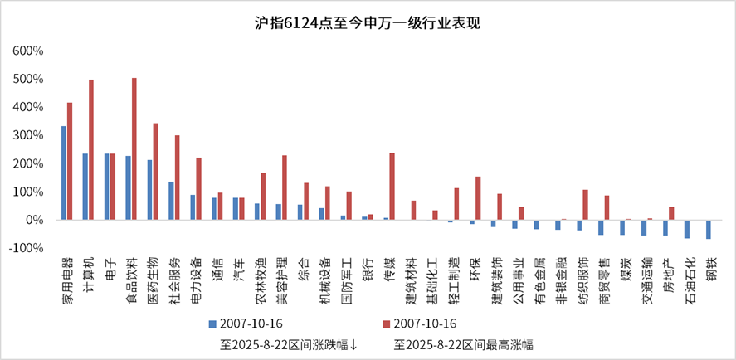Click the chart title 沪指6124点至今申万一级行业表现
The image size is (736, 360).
[x=368, y=23]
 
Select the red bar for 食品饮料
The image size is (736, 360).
[x=134, y=149]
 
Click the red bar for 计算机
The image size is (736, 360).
[x=91, y=149]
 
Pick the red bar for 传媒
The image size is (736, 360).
[x=392, y=187]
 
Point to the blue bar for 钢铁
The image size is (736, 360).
[x=709, y=229]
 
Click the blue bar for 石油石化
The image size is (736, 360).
[x=687, y=229]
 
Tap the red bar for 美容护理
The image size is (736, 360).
[x=285, y=187]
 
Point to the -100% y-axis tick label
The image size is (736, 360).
[x=27, y=248]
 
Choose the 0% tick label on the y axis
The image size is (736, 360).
[x=34, y=220]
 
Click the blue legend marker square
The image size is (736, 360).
[x=212, y=322]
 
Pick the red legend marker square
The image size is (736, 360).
[x=387, y=322]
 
